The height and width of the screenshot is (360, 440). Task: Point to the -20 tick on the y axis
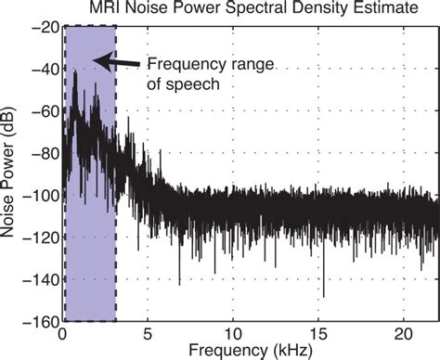[41, 28]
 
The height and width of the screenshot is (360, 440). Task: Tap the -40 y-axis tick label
[41, 70]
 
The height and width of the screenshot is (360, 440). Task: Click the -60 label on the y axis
[41, 111]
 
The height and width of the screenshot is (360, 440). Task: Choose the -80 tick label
[41, 153]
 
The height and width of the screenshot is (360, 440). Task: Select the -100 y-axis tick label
[37, 196]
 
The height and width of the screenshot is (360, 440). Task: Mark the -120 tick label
[37, 238]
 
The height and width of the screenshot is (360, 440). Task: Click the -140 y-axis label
[37, 279]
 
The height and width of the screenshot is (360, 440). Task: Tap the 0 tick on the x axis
[62, 332]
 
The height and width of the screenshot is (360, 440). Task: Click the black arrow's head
[100, 62]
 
